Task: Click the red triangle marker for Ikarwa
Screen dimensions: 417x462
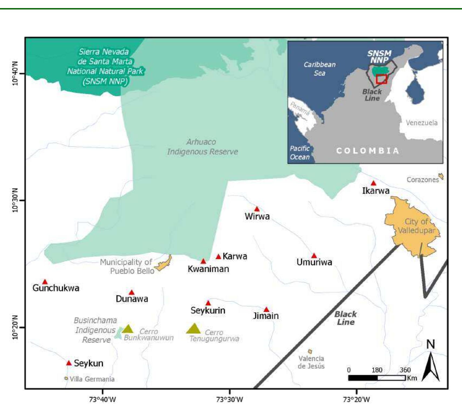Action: point(373,183)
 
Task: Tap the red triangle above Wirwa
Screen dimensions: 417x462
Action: point(257,209)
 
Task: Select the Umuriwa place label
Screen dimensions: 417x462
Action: point(314,262)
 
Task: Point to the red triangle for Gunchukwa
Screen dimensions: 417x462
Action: point(45,282)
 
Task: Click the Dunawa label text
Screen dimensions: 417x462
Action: point(132,299)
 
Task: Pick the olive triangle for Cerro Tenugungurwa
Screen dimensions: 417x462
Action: point(193,329)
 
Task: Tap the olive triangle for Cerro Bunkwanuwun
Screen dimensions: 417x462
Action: point(128,329)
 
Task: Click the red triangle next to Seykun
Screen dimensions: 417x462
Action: point(69,363)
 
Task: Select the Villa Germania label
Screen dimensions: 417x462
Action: point(92,379)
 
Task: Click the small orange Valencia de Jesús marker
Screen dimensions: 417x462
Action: point(310,351)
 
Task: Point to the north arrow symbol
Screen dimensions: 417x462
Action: point(431,367)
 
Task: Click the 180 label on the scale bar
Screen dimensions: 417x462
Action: point(377,370)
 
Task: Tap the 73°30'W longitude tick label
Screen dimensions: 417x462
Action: point(230,399)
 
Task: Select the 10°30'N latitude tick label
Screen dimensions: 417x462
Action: point(15,200)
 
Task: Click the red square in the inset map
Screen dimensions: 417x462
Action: point(381,79)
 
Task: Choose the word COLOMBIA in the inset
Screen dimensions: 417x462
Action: point(368,151)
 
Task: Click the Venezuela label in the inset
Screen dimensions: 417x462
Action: point(422,123)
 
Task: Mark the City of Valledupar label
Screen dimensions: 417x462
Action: point(416,226)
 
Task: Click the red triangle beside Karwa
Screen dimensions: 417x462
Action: point(218,257)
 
